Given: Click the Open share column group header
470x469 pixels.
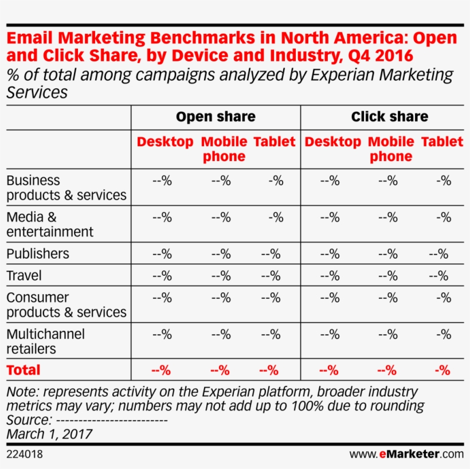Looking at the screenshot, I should tap(216, 117).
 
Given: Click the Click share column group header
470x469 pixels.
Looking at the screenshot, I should tap(389, 117).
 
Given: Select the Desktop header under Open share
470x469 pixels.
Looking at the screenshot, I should tap(165, 142).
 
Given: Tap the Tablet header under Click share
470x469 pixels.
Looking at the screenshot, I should tap(442, 142).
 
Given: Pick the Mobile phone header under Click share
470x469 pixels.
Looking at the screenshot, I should tap(391, 149).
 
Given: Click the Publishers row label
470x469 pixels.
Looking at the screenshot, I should tap(38, 253).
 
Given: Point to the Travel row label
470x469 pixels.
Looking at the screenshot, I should tap(24, 276).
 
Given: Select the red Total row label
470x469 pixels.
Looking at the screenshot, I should tap(23, 370).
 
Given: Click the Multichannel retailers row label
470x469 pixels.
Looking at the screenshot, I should tap(45, 341).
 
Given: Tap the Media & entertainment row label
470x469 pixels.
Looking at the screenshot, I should tap(50, 224).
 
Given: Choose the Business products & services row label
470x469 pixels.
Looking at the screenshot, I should tap(66, 187).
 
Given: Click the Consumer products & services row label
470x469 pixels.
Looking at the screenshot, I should tap(66, 304).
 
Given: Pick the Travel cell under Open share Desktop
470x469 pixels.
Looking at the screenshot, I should tap(162, 276).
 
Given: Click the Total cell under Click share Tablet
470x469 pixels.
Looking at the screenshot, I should tap(442, 370).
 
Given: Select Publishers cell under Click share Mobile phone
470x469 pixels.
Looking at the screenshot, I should tap(387, 254).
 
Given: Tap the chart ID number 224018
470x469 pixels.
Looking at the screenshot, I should tap(25, 455).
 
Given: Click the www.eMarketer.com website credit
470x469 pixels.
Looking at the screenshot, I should tap(406, 455).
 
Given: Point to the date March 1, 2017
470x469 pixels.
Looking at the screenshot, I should tap(49, 434).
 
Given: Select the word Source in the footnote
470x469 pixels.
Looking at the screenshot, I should tap(27, 420).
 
